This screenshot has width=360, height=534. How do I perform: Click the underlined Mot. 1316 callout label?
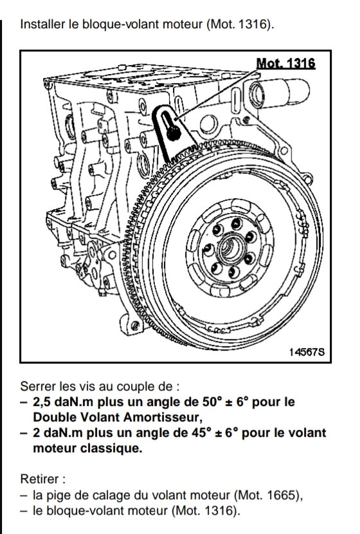click(x=285, y=63)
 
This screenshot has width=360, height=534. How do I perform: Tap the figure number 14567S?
click(x=307, y=352)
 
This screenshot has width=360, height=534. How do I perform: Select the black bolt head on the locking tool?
click(x=174, y=133)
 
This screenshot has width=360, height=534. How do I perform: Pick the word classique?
click(x=111, y=448)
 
